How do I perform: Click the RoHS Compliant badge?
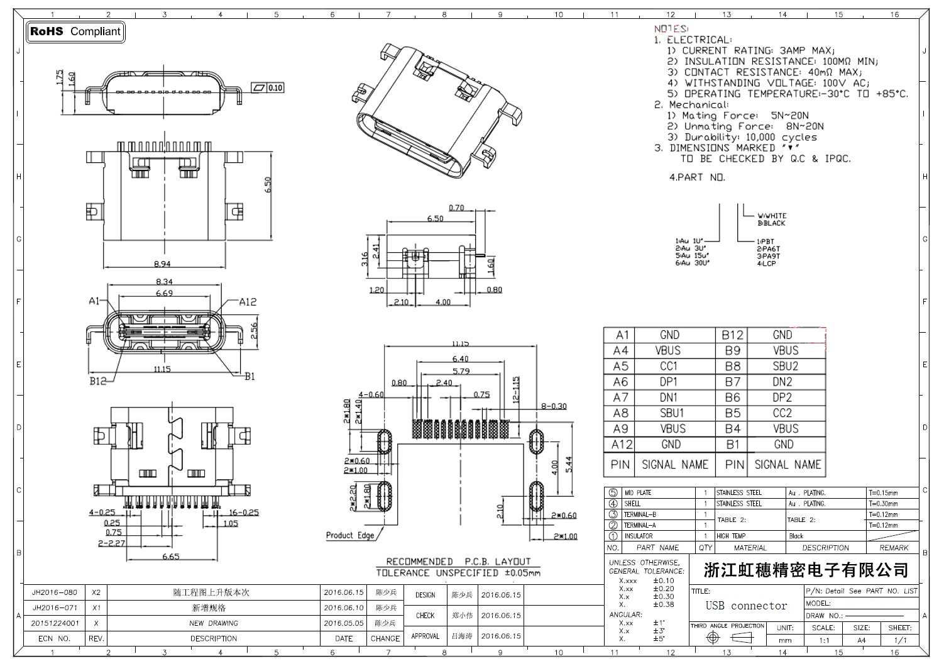[75, 31]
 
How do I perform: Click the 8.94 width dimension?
[162, 264]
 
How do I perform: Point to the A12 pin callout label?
[248, 302]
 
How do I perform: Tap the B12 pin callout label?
[97, 380]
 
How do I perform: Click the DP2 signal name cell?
[782, 397]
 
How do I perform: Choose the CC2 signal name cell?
[782, 413]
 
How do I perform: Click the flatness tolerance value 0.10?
[275, 88]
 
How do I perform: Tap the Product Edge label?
[349, 535]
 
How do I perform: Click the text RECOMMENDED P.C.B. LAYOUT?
[458, 561]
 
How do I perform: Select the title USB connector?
[746, 606]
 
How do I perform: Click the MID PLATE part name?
[638, 493]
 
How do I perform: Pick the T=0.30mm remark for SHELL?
[883, 504]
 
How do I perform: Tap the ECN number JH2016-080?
[55, 592]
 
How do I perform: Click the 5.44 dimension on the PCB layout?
[569, 465]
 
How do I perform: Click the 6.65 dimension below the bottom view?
[170, 556]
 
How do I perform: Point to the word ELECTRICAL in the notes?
[699, 40]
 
